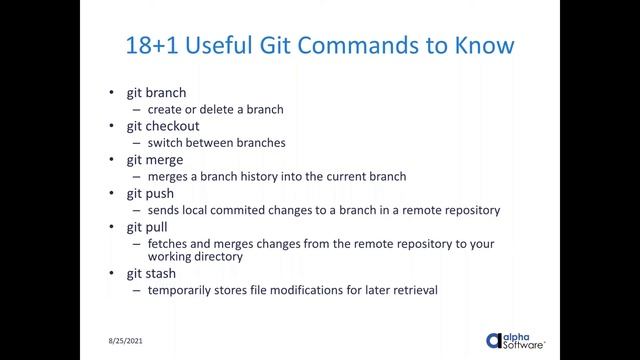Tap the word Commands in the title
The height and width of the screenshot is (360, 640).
pos(374,46)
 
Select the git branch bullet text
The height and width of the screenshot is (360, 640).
pos(156,93)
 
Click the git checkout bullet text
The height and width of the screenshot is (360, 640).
pos(163,126)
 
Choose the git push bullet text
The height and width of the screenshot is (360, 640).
pos(150,192)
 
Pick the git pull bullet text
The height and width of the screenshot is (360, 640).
pos(148,226)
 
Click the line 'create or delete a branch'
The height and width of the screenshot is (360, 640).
pos(216,109)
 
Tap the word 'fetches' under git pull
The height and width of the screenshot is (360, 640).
pos(169,243)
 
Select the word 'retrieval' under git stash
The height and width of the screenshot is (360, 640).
pos(411,291)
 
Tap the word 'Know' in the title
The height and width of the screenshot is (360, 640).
pos(486,46)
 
